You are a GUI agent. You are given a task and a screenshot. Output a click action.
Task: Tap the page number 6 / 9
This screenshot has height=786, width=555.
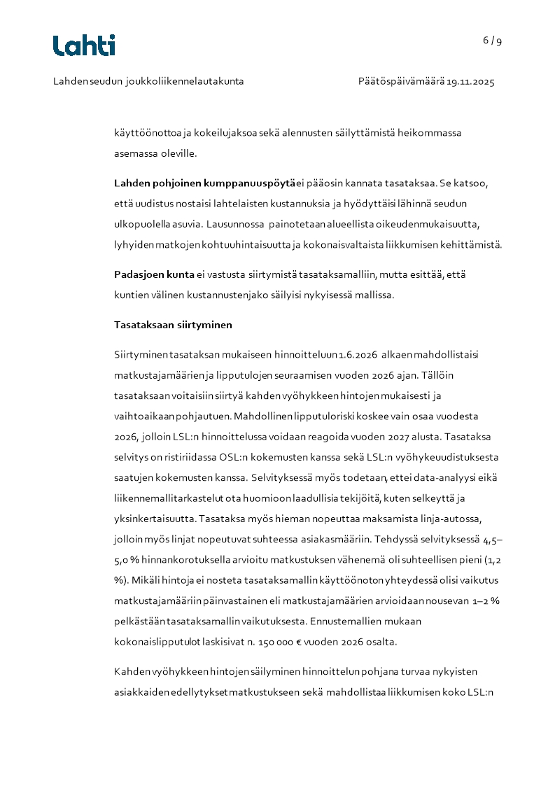click(x=492, y=41)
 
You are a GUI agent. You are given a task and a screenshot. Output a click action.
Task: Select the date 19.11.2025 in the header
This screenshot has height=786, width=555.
click(x=471, y=82)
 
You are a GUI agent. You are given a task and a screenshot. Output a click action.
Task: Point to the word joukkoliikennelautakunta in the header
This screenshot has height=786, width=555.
click(x=185, y=82)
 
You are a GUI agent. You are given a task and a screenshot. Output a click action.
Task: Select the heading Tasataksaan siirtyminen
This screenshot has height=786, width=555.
click(x=173, y=325)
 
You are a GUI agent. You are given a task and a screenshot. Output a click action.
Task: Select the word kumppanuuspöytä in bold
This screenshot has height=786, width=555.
click(x=247, y=183)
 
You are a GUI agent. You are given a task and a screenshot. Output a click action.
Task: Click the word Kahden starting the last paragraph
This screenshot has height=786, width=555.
click(x=131, y=672)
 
